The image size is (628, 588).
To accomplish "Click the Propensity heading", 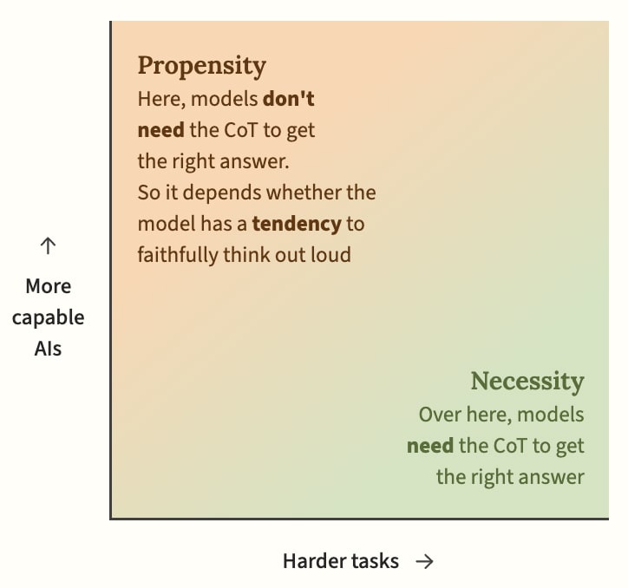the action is pyautogui.click(x=202, y=66).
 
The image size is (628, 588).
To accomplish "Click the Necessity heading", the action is pyautogui.click(x=527, y=382).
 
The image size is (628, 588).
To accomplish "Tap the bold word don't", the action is pyautogui.click(x=288, y=99).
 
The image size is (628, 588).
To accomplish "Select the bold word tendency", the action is pyautogui.click(x=297, y=224).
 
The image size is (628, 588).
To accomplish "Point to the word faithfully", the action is pyautogui.click(x=178, y=255).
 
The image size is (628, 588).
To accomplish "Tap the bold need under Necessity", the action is pyautogui.click(x=430, y=446).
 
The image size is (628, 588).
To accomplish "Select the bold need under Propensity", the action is pyautogui.click(x=161, y=131).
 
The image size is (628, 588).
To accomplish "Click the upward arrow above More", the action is pyautogui.click(x=48, y=245).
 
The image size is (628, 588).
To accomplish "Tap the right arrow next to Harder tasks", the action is pyautogui.click(x=424, y=562).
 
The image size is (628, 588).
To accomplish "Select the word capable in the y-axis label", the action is pyautogui.click(x=48, y=318).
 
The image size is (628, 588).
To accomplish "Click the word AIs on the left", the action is pyautogui.click(x=48, y=349).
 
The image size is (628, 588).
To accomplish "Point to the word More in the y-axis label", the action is pyautogui.click(x=49, y=287).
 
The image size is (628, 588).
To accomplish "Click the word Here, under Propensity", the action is pyautogui.click(x=162, y=100).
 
